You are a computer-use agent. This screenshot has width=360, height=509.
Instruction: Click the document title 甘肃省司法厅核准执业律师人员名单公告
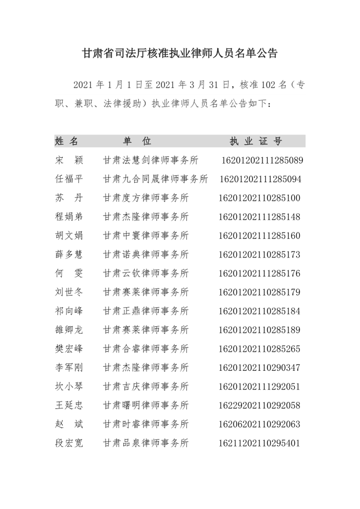[x=180, y=54]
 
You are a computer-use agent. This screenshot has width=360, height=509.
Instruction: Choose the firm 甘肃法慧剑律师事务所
[x=151, y=160]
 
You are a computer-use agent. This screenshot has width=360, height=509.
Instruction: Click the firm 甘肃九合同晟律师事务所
[x=155, y=179]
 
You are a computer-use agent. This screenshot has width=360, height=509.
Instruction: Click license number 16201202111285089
[x=262, y=160]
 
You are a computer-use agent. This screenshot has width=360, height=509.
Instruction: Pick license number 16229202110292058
[x=260, y=405]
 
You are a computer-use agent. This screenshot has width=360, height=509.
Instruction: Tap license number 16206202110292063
[x=260, y=424]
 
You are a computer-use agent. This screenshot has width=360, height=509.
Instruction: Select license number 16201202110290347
[x=260, y=368]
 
